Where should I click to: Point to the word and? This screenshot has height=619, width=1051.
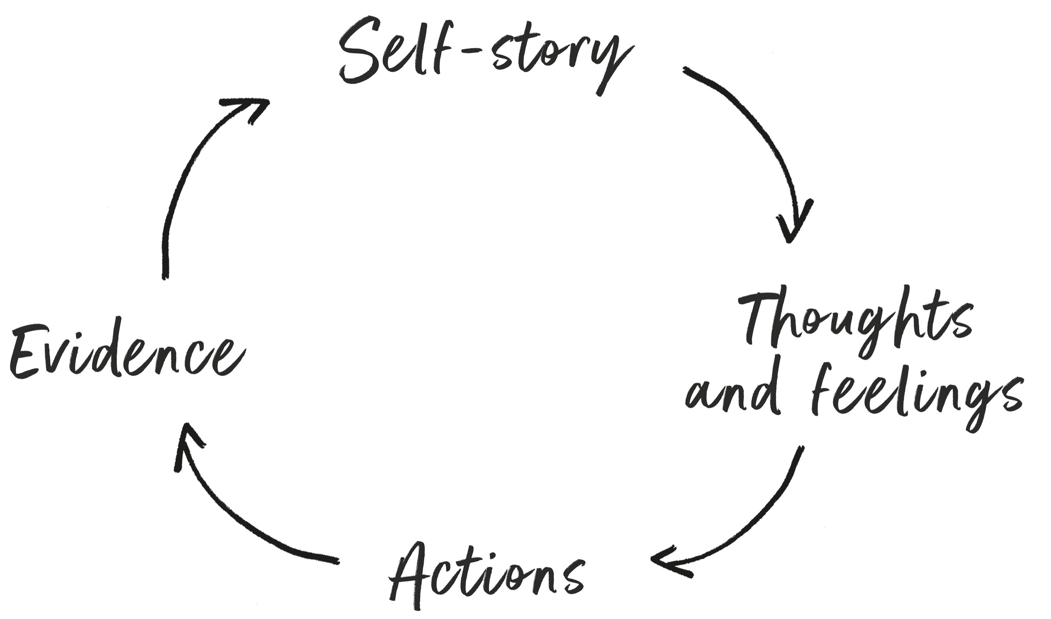click(x=733, y=395)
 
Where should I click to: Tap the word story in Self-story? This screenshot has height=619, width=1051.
click(x=560, y=60)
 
